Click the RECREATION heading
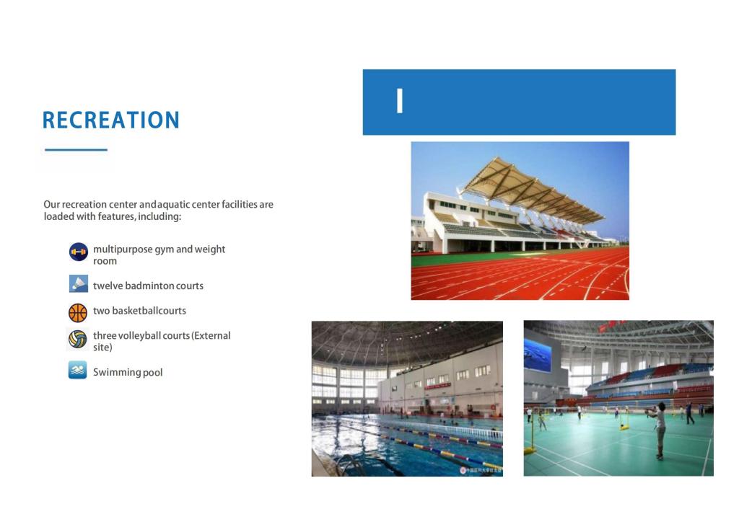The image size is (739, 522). [x=110, y=120]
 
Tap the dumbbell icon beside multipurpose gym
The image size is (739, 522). [x=78, y=252]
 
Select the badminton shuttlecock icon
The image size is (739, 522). [x=78, y=284]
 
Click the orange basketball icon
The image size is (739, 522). [x=78, y=312]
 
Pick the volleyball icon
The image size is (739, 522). [x=78, y=339]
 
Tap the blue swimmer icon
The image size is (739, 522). [x=78, y=370]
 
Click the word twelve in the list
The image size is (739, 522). [x=108, y=286]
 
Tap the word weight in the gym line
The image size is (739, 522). [x=210, y=249]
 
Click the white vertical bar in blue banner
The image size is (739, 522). [x=400, y=101]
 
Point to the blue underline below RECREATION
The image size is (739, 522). [x=76, y=150]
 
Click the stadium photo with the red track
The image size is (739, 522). [x=520, y=221]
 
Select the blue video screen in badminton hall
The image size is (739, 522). [x=537, y=355]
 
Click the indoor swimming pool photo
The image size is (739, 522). [x=407, y=399]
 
